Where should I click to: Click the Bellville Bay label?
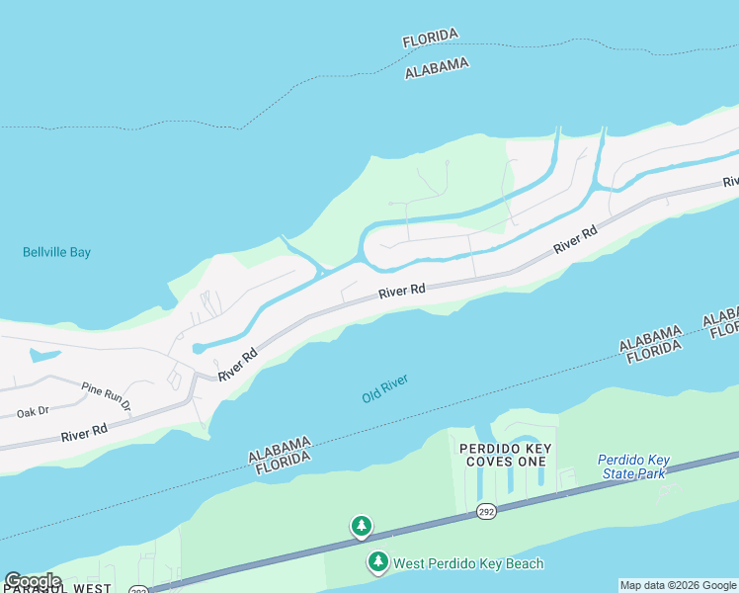point(56,252)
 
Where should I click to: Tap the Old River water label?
point(384,387)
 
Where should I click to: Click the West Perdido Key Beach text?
point(468,563)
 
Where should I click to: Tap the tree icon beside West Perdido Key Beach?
point(377,562)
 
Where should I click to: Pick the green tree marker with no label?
point(362,526)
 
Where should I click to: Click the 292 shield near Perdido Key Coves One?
point(485,511)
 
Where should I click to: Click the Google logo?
point(33,581)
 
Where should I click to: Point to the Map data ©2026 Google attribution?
point(678,585)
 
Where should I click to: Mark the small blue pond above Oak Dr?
point(44,355)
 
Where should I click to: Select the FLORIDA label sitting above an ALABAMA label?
point(431,39)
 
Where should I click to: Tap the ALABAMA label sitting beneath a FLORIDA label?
point(437,67)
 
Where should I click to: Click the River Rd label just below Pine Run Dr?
point(83,434)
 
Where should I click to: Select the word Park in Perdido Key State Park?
point(651,473)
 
